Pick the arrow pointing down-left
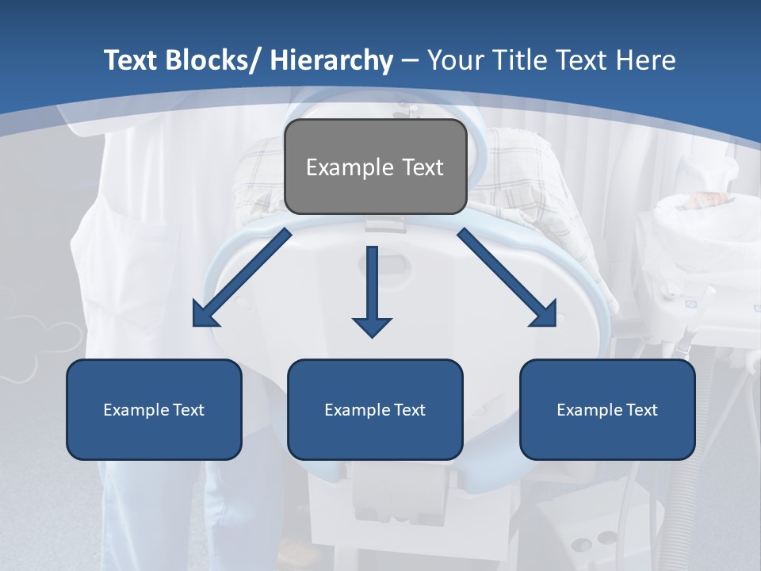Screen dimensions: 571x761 [242, 278]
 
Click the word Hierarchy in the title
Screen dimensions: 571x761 [331, 60]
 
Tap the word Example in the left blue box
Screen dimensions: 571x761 [135, 410]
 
